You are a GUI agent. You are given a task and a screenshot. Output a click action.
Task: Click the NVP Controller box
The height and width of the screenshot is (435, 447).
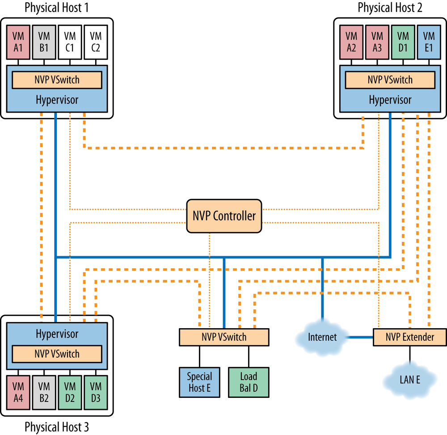click(x=224, y=216)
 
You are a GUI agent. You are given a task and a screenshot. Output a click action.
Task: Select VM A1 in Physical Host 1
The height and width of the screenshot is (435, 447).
click(x=18, y=42)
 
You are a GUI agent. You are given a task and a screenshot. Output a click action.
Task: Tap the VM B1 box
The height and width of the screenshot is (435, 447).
click(x=44, y=42)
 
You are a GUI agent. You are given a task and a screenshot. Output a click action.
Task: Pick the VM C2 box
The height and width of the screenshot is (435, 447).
click(x=96, y=42)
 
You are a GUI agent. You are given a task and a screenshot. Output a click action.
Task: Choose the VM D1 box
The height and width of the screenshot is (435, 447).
click(x=403, y=42)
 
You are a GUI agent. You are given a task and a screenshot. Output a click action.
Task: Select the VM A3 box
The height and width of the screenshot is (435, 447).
click(x=377, y=42)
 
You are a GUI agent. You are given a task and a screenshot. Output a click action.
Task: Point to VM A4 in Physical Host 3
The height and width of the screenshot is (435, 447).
click(x=18, y=392)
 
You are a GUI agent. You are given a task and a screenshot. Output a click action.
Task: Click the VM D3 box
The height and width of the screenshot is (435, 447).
click(x=96, y=392)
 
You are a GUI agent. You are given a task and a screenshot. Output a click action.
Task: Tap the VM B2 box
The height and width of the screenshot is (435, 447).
click(x=44, y=392)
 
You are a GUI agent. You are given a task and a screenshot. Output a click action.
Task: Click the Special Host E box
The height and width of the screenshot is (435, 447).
click(x=199, y=382)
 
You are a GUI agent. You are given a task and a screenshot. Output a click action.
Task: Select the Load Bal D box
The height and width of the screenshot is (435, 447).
click(x=249, y=382)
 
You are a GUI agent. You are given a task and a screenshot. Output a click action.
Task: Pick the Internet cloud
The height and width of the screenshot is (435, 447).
click(x=322, y=337)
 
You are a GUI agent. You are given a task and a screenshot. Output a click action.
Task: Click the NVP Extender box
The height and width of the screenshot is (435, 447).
click(x=409, y=337)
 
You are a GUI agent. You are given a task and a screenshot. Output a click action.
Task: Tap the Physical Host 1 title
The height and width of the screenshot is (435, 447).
click(x=56, y=8)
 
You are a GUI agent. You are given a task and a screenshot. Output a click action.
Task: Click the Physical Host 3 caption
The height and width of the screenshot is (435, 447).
click(x=56, y=427)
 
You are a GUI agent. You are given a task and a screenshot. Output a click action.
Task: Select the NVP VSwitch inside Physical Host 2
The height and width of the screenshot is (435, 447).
click(x=390, y=80)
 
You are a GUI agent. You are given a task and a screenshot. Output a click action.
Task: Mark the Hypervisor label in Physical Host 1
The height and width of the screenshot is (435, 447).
click(x=57, y=100)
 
